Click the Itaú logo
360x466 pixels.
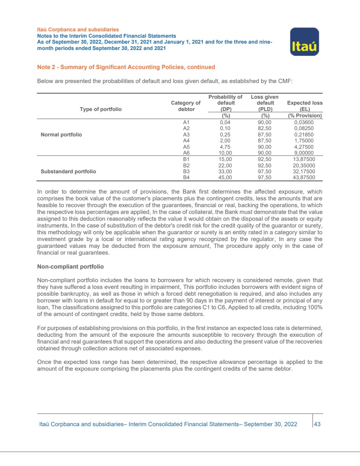point(304,42)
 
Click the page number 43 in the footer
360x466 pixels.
point(316,424)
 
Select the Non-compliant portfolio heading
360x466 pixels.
point(70,267)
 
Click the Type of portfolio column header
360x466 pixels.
point(101,109)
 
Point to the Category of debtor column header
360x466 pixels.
point(185,106)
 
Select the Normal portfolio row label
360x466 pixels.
point(61,135)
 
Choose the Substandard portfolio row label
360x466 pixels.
point(68,172)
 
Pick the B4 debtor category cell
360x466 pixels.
point(185,178)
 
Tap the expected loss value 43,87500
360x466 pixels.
point(304,178)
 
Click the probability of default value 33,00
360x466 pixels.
point(226,172)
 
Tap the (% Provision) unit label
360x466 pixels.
point(304,116)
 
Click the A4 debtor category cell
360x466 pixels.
point(185,141)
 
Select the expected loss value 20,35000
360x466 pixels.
point(304,165)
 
